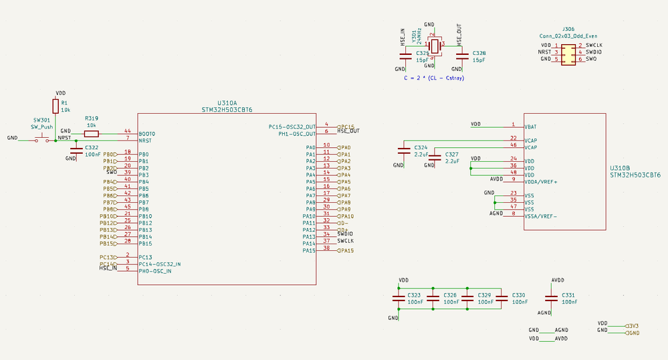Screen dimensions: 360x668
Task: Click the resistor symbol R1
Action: click(x=55, y=106)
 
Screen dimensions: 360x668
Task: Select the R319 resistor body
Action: click(x=92, y=133)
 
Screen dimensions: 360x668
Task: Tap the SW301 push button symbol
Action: click(x=42, y=139)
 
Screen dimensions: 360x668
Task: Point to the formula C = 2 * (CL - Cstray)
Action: click(x=434, y=78)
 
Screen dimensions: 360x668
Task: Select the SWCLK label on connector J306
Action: click(x=594, y=45)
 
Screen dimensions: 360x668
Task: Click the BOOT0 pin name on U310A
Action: click(x=147, y=134)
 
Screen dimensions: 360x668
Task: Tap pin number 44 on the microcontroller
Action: click(x=127, y=131)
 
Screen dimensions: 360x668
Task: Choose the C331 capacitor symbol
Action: click(x=551, y=298)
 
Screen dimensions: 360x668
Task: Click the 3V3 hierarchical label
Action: click(x=632, y=325)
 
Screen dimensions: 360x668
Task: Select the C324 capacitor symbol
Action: click(x=403, y=150)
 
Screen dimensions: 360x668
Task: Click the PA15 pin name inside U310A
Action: click(x=309, y=250)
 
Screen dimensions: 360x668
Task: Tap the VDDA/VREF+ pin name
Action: click(x=541, y=181)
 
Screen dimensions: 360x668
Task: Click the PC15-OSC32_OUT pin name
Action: click(x=292, y=126)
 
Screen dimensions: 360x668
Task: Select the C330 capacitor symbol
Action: click(x=502, y=298)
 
